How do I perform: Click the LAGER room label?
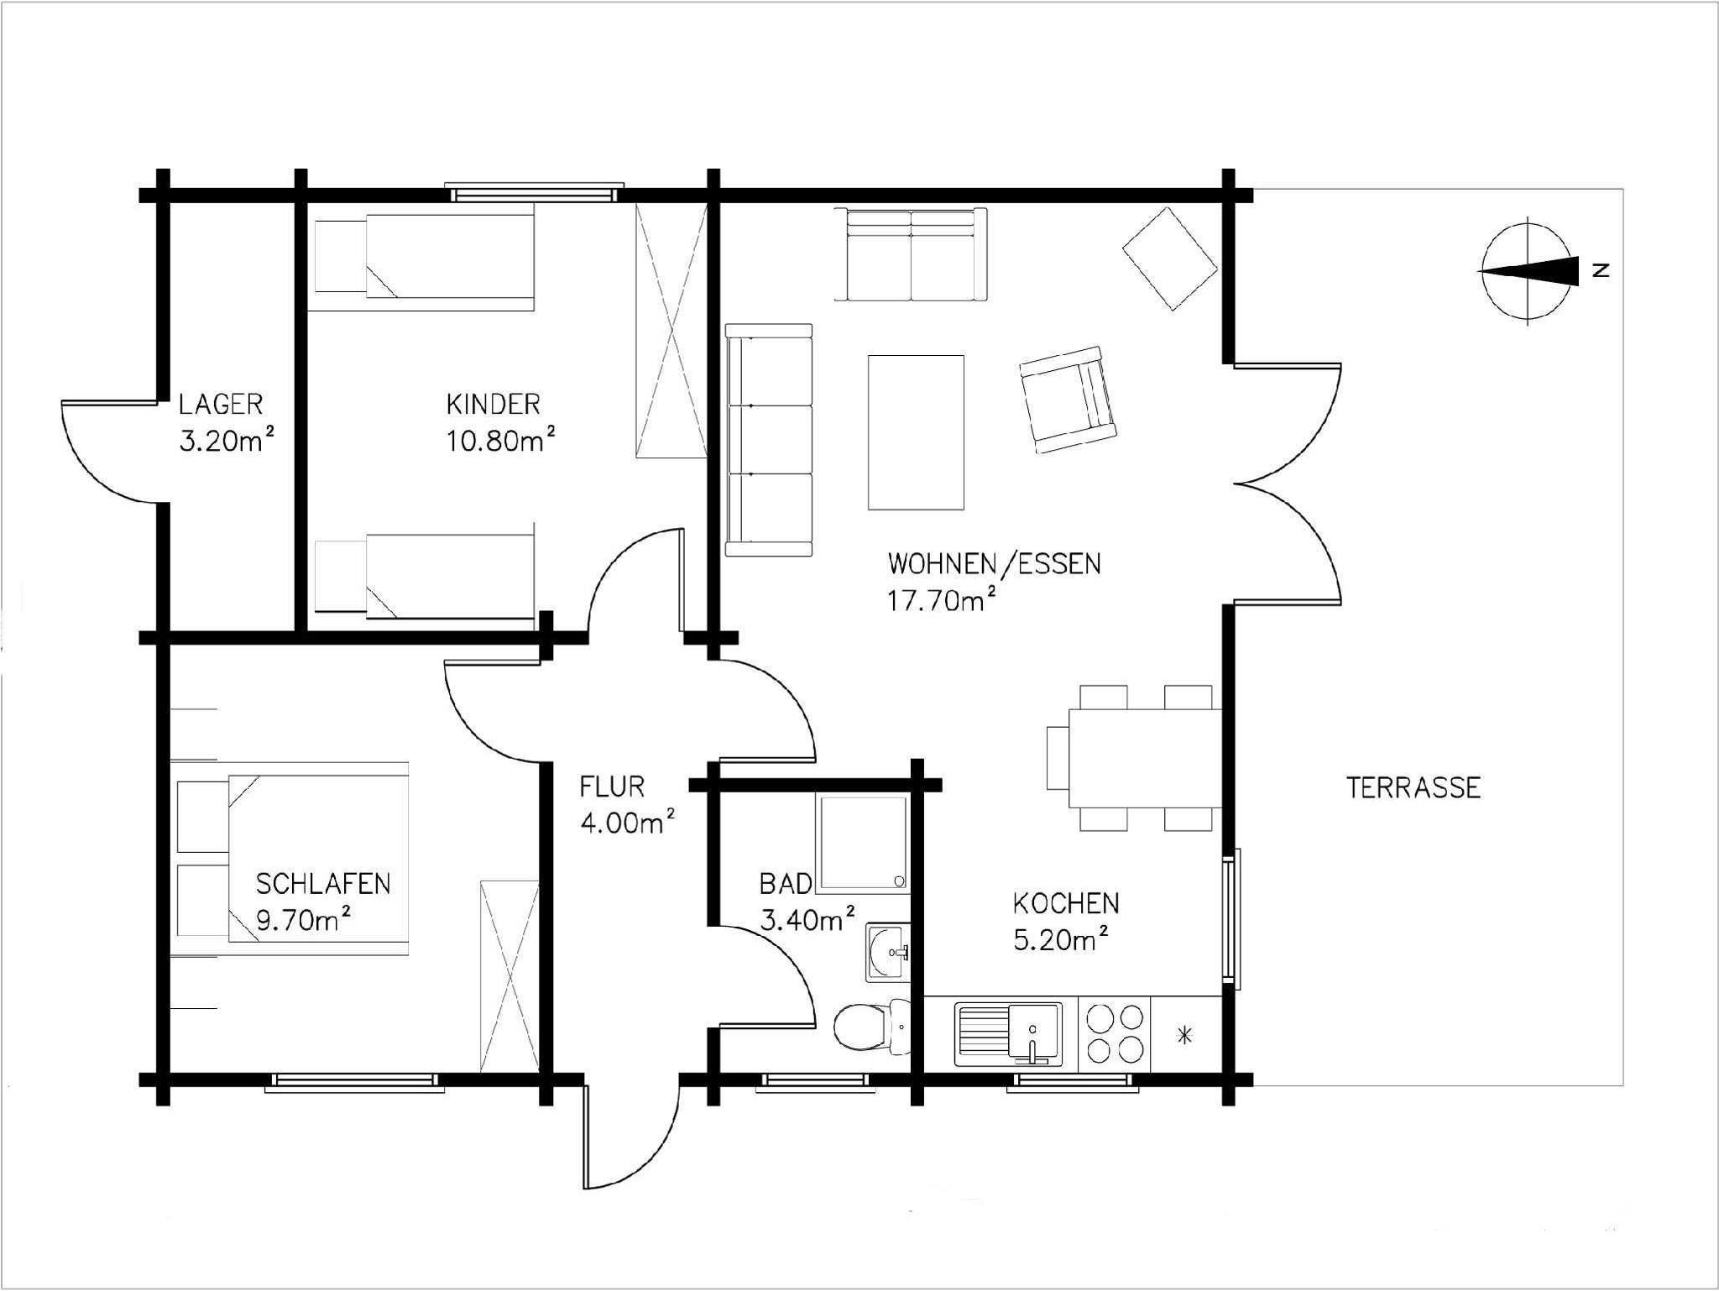[221, 405]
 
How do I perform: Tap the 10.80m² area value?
[501, 440]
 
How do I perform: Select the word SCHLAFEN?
[323, 884]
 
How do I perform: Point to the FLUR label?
[612, 787]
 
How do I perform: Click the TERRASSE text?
[1413, 787]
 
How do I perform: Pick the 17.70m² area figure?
[943, 599]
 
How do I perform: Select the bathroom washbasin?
[887, 952]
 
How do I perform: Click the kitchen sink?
[1007, 1033]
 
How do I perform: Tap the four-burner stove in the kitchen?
[1115, 1033]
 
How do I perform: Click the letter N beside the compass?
[1601, 270]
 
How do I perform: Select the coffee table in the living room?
[916, 432]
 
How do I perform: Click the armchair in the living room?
[1068, 400]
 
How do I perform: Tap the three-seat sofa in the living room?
[770, 440]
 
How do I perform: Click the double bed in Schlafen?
[293, 859]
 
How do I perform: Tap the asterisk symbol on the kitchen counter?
[1185, 1036]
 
